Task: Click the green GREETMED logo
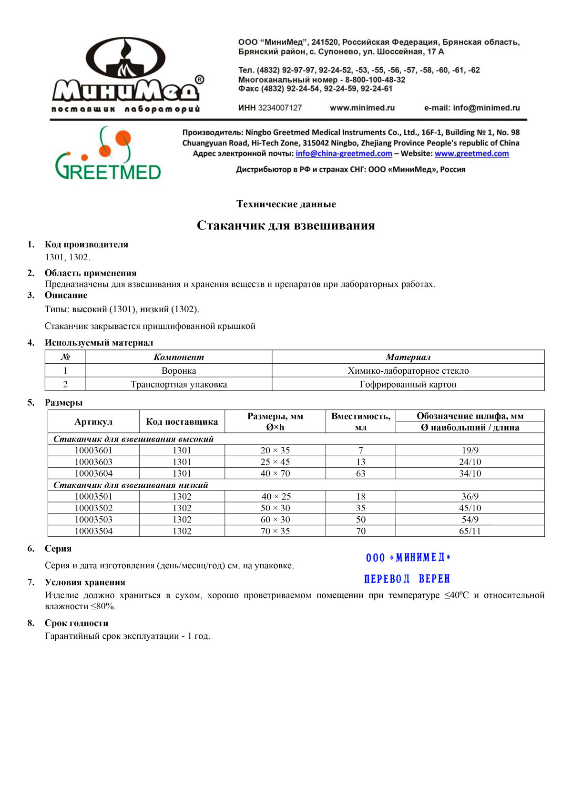click(108, 154)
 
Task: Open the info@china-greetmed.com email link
click(344, 154)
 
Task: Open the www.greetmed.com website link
click(471, 154)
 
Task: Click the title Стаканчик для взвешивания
click(286, 225)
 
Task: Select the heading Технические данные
click(286, 204)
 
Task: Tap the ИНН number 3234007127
click(280, 108)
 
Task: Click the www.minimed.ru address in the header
click(362, 108)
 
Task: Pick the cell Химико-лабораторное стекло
click(408, 371)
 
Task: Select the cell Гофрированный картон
click(408, 384)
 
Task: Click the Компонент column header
click(179, 357)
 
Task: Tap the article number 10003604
click(93, 473)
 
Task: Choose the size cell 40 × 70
click(275, 473)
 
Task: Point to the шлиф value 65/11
click(470, 531)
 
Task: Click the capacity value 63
click(360, 473)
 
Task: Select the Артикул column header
click(93, 421)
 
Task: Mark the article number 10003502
click(93, 508)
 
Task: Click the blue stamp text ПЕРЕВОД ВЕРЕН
click(407, 579)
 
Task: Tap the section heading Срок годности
click(76, 623)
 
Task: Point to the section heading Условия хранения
click(85, 582)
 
